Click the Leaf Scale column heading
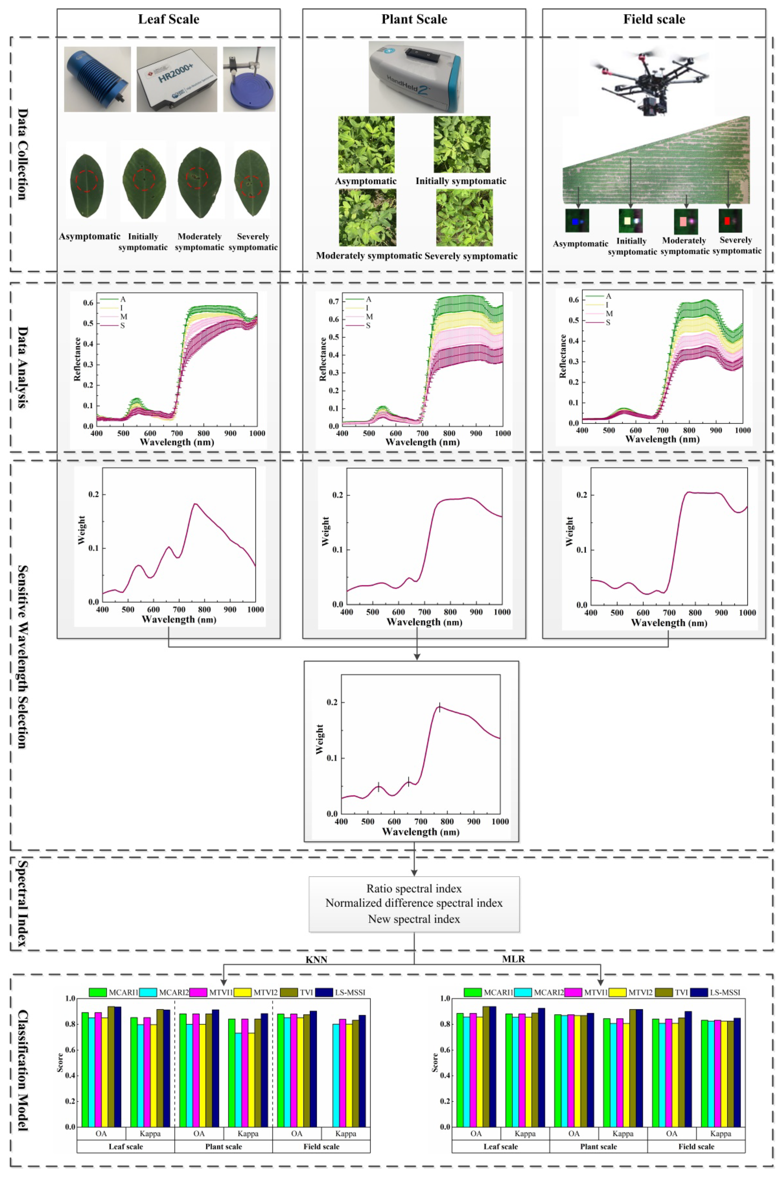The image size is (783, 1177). click(168, 20)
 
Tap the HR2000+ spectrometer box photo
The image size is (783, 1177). click(177, 79)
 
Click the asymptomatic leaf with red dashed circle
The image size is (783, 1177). click(87, 181)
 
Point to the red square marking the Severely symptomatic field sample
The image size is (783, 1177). click(727, 220)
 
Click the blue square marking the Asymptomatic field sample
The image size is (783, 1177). click(575, 221)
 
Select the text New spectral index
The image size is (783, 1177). click(414, 919)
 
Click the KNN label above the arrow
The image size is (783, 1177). click(316, 959)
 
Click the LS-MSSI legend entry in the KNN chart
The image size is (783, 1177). click(349, 992)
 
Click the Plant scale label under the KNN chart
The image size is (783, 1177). click(223, 1146)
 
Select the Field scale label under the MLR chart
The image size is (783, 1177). click(696, 1146)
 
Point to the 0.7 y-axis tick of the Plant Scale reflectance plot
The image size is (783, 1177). click(333, 302)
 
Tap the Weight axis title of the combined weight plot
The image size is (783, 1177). click(319, 739)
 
